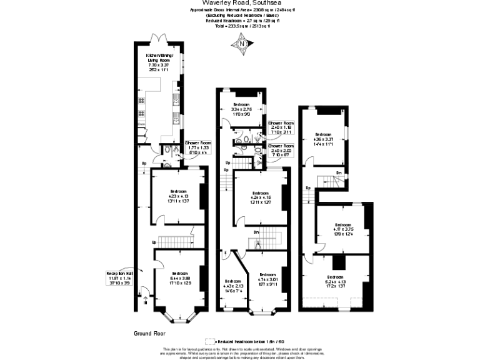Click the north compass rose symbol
tap(241, 44)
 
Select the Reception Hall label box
tap(119, 278)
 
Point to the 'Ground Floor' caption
tap(149, 333)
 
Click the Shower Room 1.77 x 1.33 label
tap(197, 147)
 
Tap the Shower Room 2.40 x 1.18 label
tap(281, 127)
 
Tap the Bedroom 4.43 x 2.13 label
tap(232, 285)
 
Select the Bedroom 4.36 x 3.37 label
tap(323, 139)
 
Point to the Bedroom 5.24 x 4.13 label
tap(335, 281)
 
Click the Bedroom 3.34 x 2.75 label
tap(241, 108)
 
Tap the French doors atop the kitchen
tap(159, 39)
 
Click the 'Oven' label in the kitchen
tap(141, 124)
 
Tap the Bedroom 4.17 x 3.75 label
tap(342, 229)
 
